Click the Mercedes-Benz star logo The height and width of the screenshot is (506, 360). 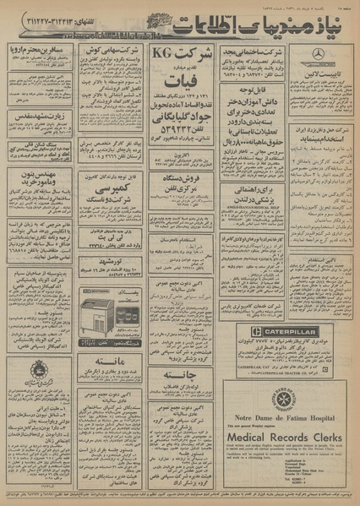[x=317, y=53]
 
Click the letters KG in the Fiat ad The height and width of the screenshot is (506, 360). [x=164, y=55]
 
